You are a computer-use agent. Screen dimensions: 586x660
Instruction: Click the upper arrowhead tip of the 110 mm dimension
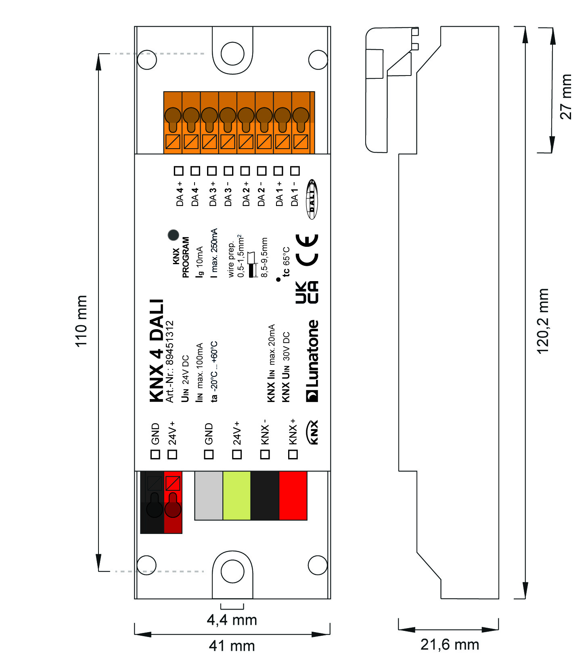tap(98, 54)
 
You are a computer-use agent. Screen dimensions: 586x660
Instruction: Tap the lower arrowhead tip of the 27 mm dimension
tap(552, 153)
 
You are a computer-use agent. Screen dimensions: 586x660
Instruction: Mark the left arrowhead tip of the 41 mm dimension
tap(135, 634)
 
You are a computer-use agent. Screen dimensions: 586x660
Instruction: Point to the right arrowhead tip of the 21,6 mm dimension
tap(498, 629)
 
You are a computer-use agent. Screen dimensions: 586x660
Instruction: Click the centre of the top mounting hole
tap(232, 53)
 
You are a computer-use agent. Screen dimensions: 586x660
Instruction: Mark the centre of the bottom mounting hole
tap(232, 571)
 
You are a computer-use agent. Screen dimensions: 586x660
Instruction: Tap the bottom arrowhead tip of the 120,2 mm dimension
tap(525, 598)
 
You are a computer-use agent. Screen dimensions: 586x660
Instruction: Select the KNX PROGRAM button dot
tap(173, 235)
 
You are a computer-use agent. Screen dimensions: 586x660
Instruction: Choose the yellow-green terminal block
tap(237, 496)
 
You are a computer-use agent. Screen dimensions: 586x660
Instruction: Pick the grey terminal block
tap(209, 496)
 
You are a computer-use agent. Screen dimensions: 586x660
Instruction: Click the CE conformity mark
tap(307, 250)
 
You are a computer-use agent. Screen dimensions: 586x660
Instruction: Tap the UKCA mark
tap(307, 292)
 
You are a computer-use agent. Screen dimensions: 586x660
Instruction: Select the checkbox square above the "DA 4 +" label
tap(179, 171)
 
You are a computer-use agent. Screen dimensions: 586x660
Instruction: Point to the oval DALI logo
tap(312, 199)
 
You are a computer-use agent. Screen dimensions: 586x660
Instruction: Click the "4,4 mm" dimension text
tap(232, 620)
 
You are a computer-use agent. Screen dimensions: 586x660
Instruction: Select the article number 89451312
tap(170, 343)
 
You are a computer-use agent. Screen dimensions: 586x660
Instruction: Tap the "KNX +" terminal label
tap(293, 432)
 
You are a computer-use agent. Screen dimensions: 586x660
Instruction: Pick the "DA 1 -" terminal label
tap(295, 194)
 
